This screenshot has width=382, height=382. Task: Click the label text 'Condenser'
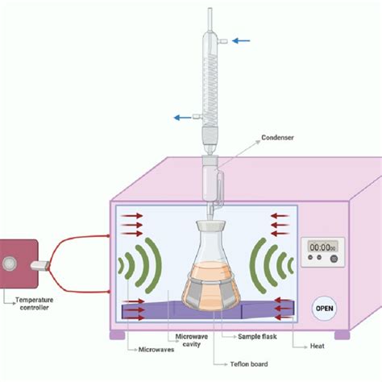278,137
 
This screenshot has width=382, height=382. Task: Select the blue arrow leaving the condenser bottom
183,118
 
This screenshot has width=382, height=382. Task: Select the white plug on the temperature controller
39,264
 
